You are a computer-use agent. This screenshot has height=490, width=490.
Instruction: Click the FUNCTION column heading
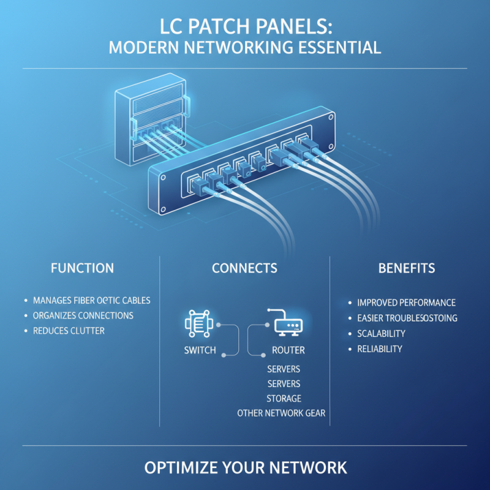point(82,268)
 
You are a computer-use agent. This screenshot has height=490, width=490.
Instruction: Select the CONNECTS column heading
point(244,268)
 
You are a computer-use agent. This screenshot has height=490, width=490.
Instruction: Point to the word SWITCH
point(199,351)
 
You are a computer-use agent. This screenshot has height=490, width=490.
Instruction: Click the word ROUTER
point(288,351)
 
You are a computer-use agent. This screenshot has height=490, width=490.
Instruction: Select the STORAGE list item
point(284,398)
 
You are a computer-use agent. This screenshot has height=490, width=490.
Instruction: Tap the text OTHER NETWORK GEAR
point(281,413)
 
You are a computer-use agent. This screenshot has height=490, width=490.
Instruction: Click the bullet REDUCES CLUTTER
point(69,331)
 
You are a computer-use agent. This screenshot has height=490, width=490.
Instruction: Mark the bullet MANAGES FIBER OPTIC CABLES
point(91,301)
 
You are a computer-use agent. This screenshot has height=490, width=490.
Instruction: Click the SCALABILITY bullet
point(381,334)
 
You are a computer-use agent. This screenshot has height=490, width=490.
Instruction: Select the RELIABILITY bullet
point(380,349)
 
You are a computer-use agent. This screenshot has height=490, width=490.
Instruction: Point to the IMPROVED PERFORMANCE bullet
point(406,303)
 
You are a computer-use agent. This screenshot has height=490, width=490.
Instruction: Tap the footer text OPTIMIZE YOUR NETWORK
point(245,468)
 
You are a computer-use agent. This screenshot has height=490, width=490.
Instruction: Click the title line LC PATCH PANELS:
point(245,28)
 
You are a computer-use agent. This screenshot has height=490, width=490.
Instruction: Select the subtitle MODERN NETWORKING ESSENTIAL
point(245,48)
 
